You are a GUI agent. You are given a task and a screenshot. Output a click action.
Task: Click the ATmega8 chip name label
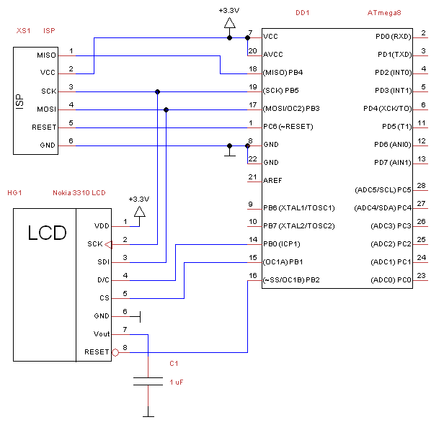pos(384,13)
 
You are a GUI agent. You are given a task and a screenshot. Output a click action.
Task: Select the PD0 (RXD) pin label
pos(393,36)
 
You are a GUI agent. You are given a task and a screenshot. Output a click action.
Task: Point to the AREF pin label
pos(272,180)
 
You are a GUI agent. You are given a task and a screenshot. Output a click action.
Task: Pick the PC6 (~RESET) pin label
pos(288,127)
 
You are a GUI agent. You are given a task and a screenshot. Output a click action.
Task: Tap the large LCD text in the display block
pos(47,233)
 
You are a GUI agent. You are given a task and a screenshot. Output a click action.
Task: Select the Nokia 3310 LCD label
pos(79,193)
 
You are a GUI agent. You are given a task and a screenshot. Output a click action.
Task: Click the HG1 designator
pos(15,193)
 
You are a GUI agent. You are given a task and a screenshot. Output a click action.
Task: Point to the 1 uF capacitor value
pos(177,382)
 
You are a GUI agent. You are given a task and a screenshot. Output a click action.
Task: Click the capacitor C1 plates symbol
pos(148,382)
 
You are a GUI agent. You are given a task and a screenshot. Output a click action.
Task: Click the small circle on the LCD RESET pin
pos(115,352)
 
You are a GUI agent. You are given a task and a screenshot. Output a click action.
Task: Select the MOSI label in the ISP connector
pos(45,109)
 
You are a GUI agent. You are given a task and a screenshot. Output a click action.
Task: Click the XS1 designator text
pos(22,31)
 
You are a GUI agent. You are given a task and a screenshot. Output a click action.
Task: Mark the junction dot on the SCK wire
pos(157,91)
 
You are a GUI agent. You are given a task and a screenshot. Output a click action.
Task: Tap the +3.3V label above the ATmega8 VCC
pos(229,10)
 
